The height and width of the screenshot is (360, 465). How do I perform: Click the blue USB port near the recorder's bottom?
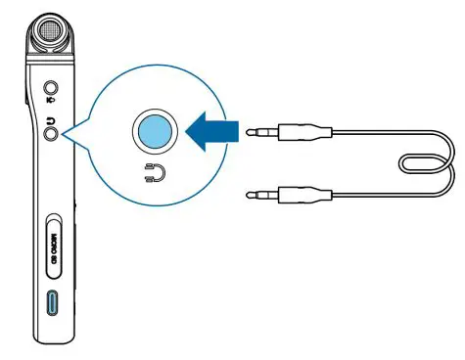pyautogui.click(x=53, y=303)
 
